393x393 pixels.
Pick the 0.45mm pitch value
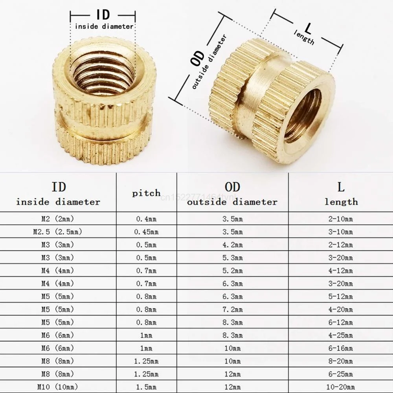pyautogui.click(x=147, y=232)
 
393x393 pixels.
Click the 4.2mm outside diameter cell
pyautogui.click(x=233, y=245)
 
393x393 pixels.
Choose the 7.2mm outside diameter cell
pyautogui.click(x=233, y=310)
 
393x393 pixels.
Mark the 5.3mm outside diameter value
pyautogui.click(x=233, y=258)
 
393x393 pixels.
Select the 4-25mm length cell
pyautogui.click(x=341, y=335)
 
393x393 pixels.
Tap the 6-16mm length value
pyautogui.click(x=341, y=348)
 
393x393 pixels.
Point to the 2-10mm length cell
pyautogui.click(x=341, y=219)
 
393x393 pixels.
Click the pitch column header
pyautogui.click(x=147, y=193)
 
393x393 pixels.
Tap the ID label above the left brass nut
pyautogui.click(x=103, y=15)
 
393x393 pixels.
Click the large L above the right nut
pyautogui.click(x=308, y=28)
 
